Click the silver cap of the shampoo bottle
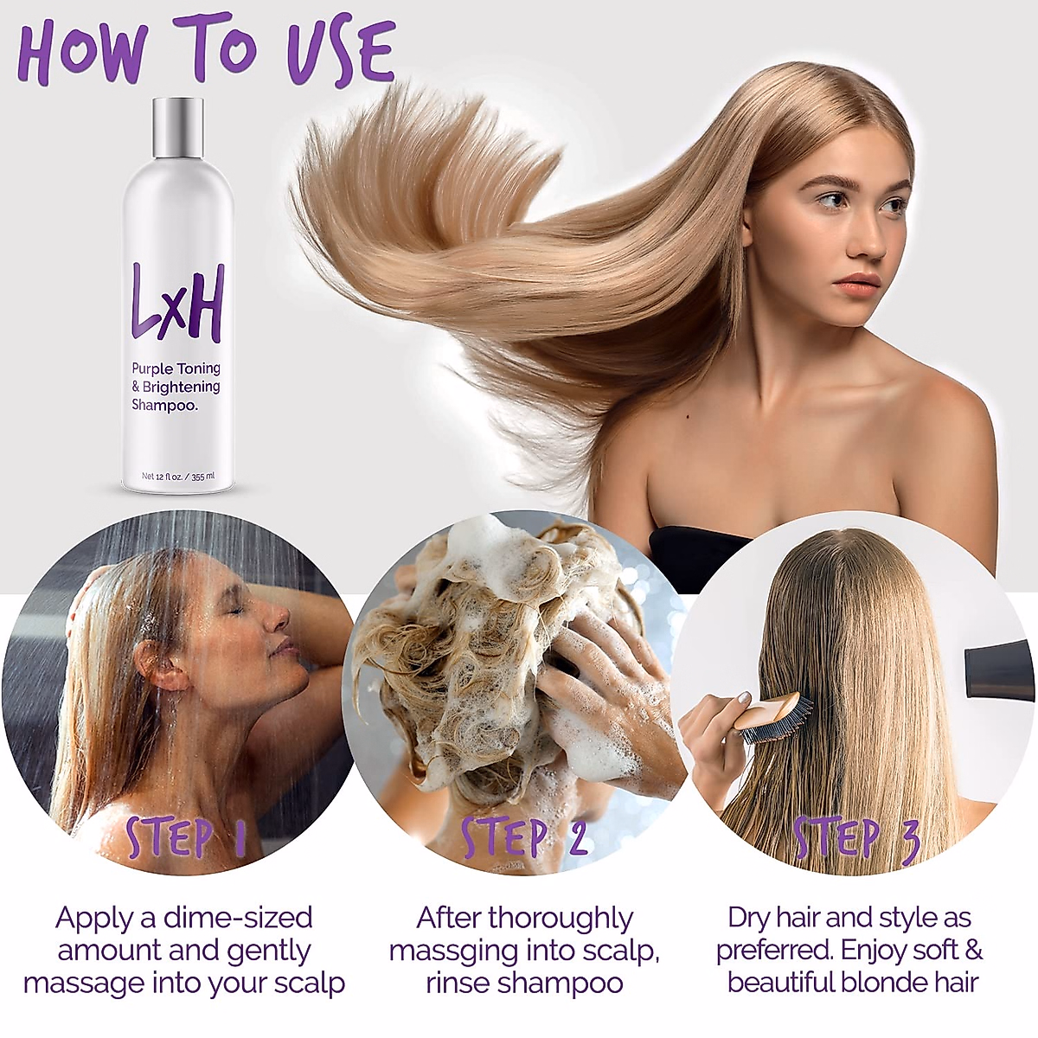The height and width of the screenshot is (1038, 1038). [178, 127]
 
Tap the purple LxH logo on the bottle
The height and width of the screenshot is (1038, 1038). [177, 302]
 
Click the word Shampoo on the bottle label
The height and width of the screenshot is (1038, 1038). [164, 405]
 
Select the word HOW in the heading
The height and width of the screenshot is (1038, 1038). [82, 54]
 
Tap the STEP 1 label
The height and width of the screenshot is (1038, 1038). [186, 837]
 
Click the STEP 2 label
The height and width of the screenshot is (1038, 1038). [524, 837]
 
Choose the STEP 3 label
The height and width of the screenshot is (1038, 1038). [856, 837]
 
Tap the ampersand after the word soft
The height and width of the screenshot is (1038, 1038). [973, 951]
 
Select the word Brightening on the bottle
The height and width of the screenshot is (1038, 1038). [181, 387]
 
